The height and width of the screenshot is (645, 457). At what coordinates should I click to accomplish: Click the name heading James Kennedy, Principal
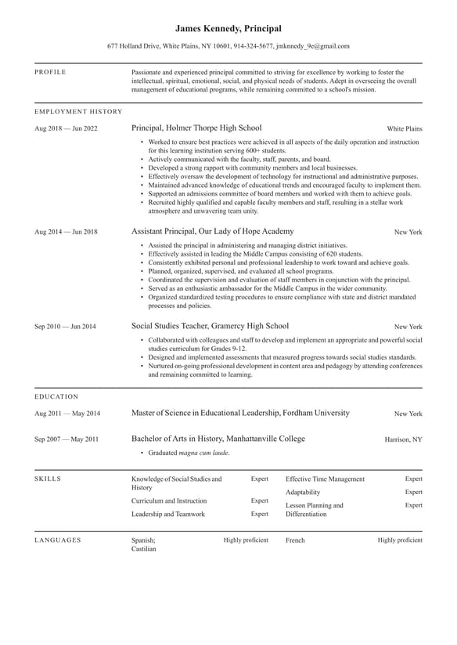point(228,28)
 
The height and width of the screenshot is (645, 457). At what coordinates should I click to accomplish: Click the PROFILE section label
point(50,72)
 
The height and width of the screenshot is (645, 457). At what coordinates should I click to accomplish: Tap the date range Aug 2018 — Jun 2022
point(66,128)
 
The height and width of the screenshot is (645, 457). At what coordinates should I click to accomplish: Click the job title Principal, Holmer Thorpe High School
point(196,127)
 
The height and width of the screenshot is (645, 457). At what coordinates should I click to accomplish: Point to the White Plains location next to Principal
point(404,128)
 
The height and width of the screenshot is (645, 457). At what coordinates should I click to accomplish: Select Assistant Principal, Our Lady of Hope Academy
point(213,231)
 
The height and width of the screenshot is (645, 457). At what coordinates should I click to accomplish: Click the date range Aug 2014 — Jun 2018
point(66,232)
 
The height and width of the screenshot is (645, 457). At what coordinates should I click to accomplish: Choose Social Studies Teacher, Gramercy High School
point(210,326)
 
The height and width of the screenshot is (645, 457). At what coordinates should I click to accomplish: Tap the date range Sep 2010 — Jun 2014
point(65,327)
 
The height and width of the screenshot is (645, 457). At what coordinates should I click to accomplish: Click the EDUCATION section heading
point(56,396)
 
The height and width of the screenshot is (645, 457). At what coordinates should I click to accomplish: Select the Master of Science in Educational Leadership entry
point(240,413)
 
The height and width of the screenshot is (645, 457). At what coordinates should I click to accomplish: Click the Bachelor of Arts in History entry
point(218,439)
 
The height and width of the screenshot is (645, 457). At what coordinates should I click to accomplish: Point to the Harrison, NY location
point(403,439)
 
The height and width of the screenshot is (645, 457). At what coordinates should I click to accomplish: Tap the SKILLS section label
point(48,478)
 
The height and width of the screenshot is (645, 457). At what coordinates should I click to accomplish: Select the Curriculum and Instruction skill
point(169,500)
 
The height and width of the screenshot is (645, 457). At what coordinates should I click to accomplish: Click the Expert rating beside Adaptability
point(413,492)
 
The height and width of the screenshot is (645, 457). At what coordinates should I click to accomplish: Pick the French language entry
point(295,539)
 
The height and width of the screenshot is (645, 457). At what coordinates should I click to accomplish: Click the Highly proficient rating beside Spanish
point(246,539)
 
